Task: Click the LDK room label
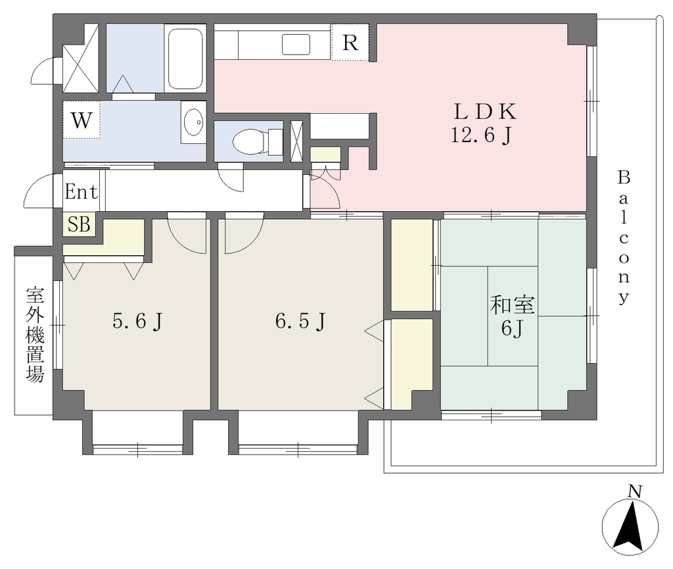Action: tap(485, 112)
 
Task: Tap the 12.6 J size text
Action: tap(481, 136)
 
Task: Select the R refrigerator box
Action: tap(350, 42)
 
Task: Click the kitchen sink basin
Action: tap(296, 45)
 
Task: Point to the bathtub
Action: tap(185, 59)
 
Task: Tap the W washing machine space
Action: tap(81, 120)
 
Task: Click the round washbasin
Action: tap(194, 122)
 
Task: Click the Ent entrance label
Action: tap(81, 191)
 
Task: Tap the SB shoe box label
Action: tap(80, 224)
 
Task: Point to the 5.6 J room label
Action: tap(137, 321)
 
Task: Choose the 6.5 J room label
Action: tap(300, 321)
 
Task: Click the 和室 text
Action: tap(512, 305)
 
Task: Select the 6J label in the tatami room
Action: tap(512, 329)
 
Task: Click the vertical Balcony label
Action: tap(624, 237)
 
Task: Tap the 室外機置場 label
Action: tap(35, 335)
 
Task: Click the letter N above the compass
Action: tap(634, 491)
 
